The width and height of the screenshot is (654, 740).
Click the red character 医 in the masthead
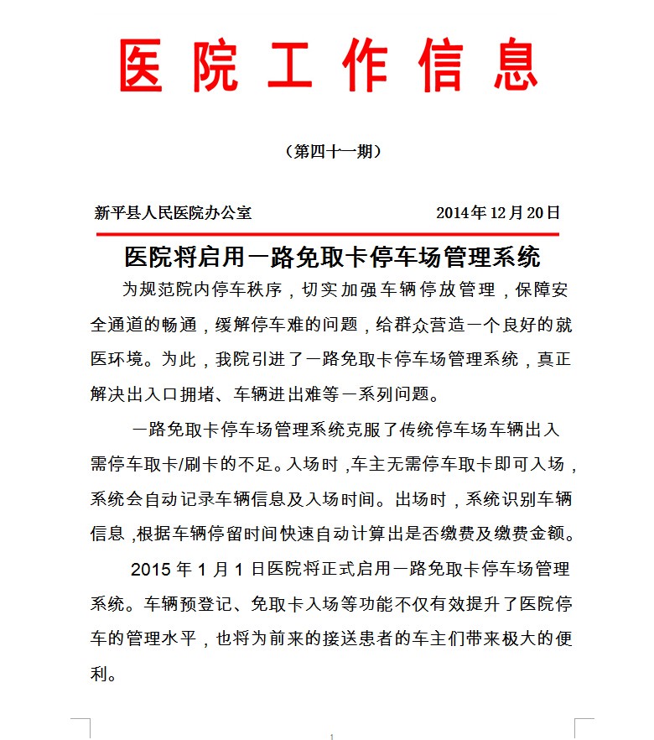click(140, 66)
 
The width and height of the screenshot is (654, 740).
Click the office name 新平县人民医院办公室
click(173, 213)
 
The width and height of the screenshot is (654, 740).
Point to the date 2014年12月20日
click(498, 213)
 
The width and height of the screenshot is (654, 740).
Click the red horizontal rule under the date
click(327, 234)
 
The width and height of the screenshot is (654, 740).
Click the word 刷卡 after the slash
click(207, 464)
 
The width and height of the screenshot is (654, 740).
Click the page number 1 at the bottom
click(332, 737)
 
